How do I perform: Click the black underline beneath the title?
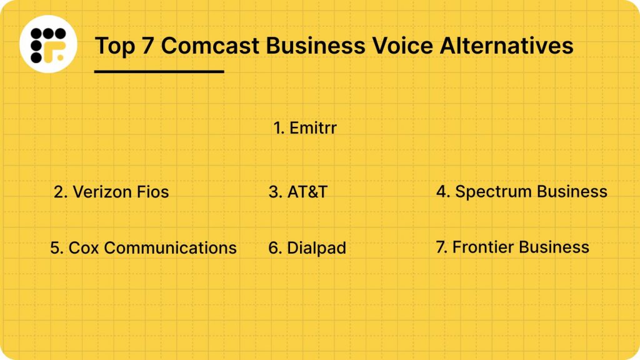coord(159,71)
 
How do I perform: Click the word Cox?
coord(82,247)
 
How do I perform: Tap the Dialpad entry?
coord(307,248)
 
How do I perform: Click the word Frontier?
coord(483,247)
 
